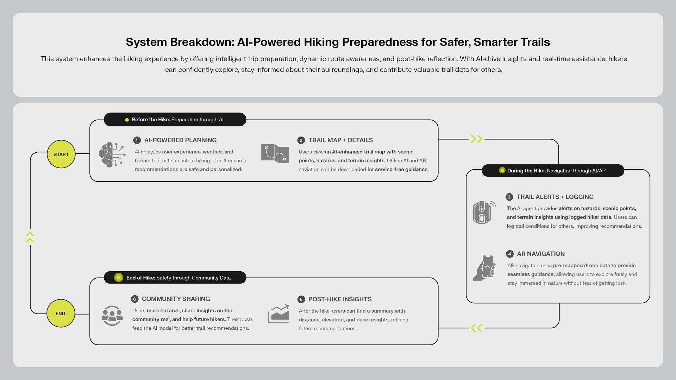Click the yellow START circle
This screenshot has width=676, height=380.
point(61,154)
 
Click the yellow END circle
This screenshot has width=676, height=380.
point(61,313)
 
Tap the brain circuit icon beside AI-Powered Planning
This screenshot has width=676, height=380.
point(112,155)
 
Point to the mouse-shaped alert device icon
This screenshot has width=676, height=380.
point(483,212)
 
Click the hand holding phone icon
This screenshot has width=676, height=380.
point(484,268)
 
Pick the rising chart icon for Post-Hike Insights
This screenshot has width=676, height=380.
point(278,314)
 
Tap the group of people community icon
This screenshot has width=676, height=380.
point(112,316)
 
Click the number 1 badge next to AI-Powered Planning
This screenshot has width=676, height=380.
point(137,140)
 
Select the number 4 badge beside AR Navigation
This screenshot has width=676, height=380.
point(510,254)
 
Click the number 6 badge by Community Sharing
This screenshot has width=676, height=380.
point(134,299)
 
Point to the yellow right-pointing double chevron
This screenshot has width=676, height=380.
point(477,139)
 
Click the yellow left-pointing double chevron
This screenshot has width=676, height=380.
point(477,328)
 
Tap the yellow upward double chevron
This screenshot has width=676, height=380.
point(30,237)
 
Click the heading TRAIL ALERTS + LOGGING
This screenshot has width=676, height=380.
point(555,197)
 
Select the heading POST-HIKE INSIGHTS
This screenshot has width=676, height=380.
point(340,299)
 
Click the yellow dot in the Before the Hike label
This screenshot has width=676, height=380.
point(127,120)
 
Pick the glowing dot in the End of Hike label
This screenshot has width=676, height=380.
point(119,278)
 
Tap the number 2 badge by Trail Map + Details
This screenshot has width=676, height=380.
point(301,140)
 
